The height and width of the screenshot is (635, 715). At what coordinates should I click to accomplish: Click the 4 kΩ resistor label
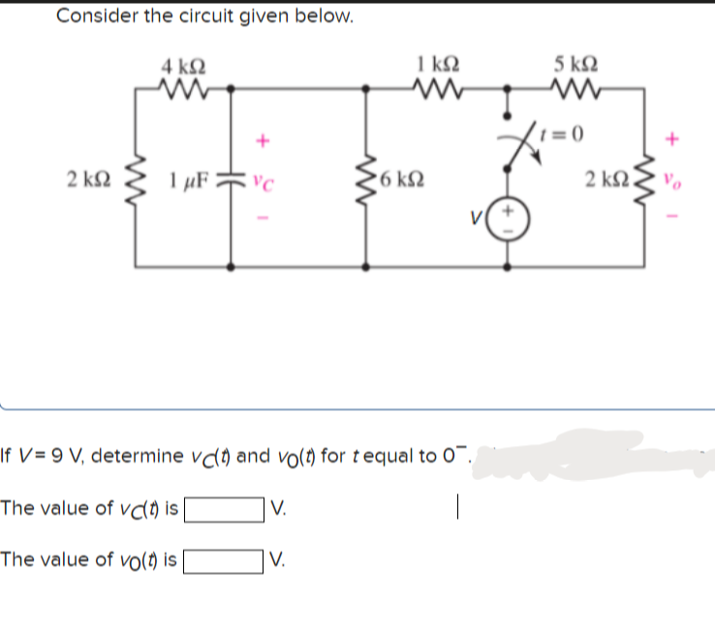coord(183,69)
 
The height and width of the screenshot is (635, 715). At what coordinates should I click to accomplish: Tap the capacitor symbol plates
coord(231,179)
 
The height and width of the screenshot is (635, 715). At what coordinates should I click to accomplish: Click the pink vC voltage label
coord(261,180)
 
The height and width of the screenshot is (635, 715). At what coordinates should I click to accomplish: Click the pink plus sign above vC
coord(261,142)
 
